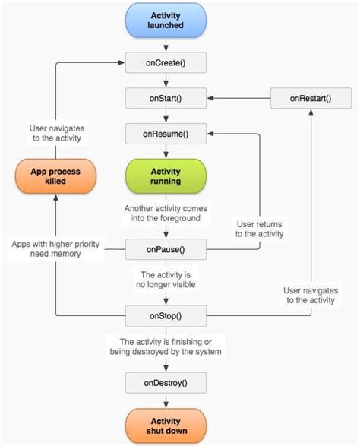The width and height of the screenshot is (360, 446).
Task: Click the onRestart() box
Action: [x=309, y=98]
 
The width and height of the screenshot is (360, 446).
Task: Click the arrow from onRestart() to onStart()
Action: [x=239, y=98]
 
